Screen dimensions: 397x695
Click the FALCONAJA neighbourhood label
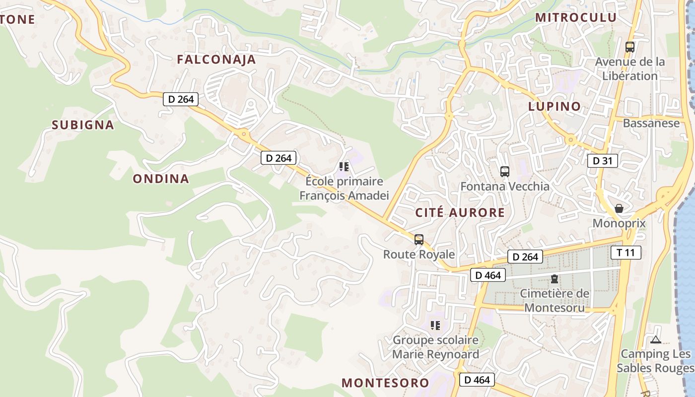[216, 60]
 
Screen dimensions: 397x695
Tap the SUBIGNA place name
[83, 125]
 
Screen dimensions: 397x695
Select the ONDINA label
[161, 179]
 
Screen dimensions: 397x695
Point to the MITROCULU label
[576, 17]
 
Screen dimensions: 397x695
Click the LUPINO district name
[555, 106]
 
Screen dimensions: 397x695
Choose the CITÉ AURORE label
[460, 213]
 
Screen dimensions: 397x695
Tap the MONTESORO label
[385, 383]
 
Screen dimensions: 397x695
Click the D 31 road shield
[603, 160]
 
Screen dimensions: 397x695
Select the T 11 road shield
[625, 253]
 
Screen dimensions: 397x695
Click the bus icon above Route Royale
[419, 240]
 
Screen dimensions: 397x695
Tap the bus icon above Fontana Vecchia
[505, 172]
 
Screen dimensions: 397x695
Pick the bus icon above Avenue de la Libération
[630, 47]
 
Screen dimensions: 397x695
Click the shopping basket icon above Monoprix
[619, 208]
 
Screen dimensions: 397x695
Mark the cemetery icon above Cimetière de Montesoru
[555, 279]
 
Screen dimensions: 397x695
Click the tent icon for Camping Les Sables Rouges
[656, 340]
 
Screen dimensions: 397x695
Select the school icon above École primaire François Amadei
[344, 167]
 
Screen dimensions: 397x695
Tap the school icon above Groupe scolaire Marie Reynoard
[435, 326]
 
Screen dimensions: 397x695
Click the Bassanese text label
[651, 123]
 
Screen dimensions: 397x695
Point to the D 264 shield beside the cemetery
[525, 257]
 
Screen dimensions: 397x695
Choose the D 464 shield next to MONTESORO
[478, 380]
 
